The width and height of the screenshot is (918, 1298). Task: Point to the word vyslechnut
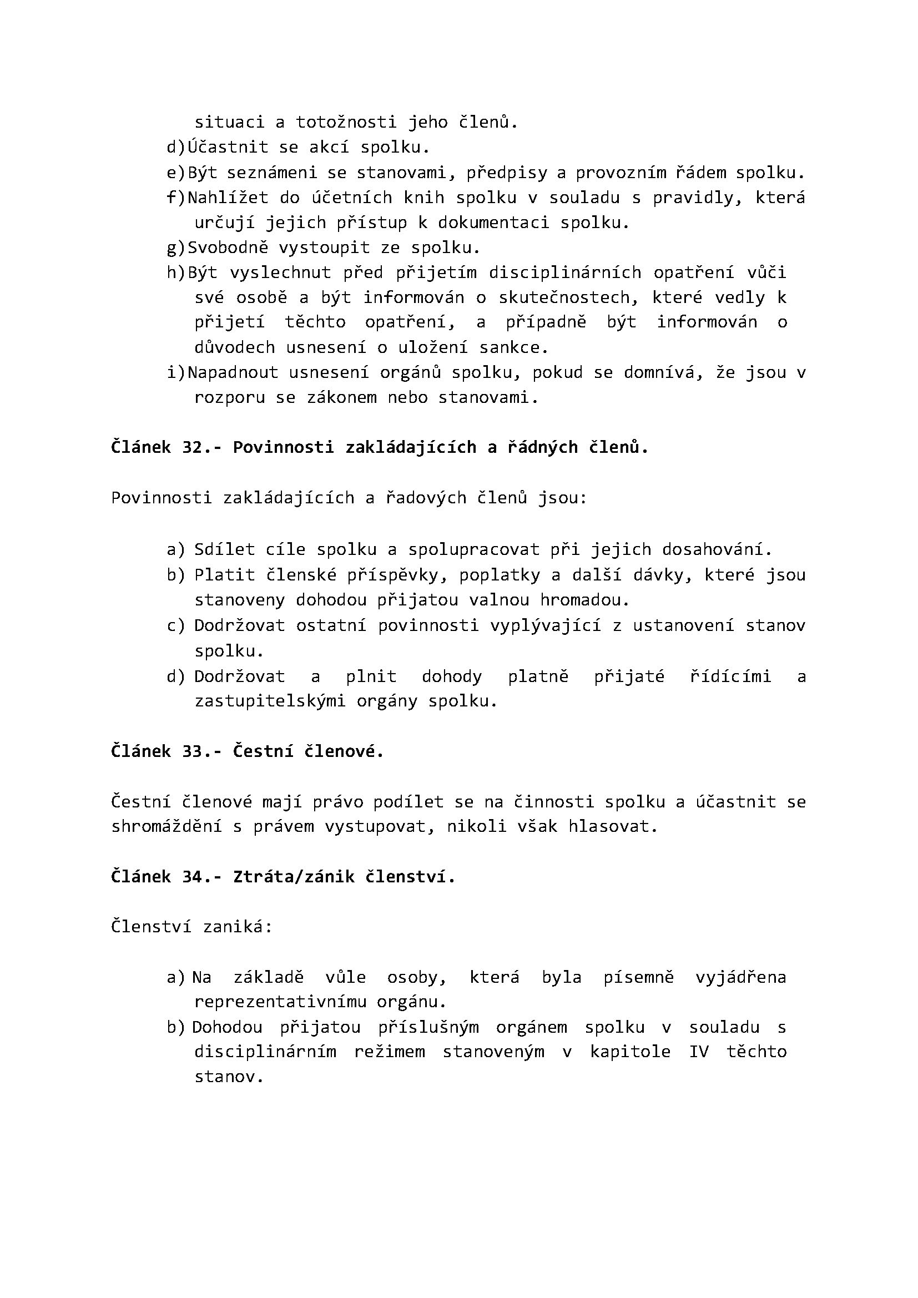[x=280, y=272]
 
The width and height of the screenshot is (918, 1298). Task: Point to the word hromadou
[x=584, y=600]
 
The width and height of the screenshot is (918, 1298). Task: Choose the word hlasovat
[x=613, y=826]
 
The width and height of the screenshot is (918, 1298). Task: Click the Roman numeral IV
[x=699, y=1052]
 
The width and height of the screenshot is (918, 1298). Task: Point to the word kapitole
[x=631, y=1052]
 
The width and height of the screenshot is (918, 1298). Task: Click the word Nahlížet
[x=227, y=198]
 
